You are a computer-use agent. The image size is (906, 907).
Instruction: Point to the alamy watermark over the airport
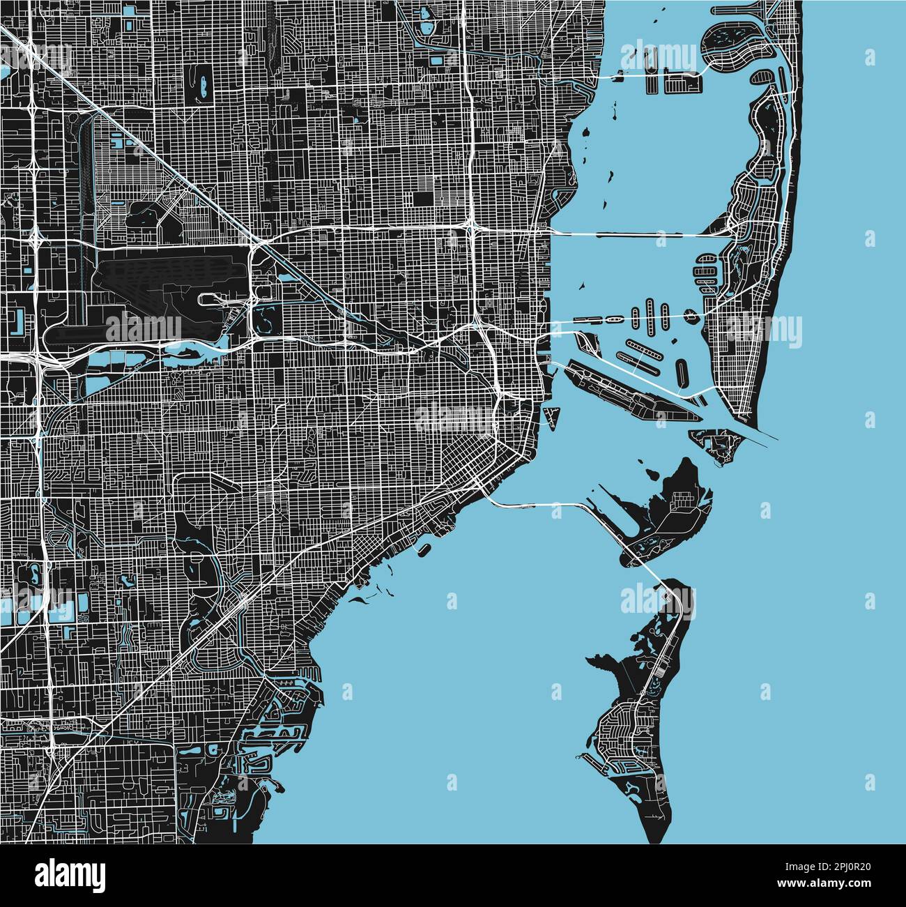point(142,328)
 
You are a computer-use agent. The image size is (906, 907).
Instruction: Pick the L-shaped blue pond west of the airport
point(17,320)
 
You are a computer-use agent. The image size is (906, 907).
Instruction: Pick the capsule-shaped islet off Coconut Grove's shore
point(423,549)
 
